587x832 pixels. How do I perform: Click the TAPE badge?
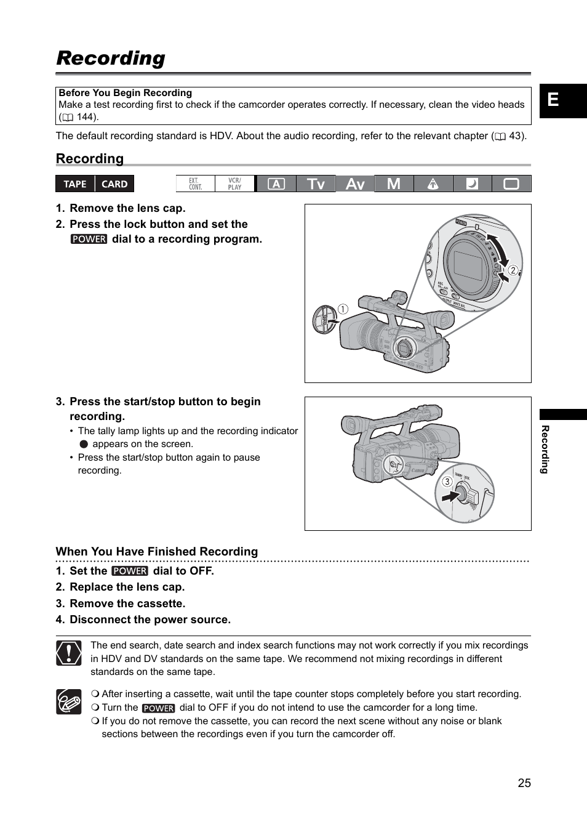tap(75, 184)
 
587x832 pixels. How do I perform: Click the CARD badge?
tap(114, 184)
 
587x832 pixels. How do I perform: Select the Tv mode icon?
tap(316, 184)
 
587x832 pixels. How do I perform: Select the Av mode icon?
tap(355, 184)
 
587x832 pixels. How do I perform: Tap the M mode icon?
tap(394, 184)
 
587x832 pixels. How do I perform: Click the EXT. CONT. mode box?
tap(196, 184)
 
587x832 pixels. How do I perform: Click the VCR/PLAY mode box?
tap(235, 184)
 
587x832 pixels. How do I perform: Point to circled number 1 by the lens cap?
tap(343, 309)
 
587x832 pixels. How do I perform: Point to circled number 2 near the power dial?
tap(513, 270)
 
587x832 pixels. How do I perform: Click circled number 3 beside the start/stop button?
tap(447, 482)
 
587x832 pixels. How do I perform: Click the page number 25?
tap(524, 783)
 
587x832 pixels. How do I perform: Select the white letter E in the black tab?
tap(553, 100)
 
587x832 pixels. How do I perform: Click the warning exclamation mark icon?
tap(69, 653)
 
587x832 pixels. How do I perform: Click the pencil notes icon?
tap(69, 701)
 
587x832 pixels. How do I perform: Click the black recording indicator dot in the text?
tap(84, 444)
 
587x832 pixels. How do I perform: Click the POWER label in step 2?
tap(89, 240)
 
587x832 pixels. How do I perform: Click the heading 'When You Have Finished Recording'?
tap(157, 552)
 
